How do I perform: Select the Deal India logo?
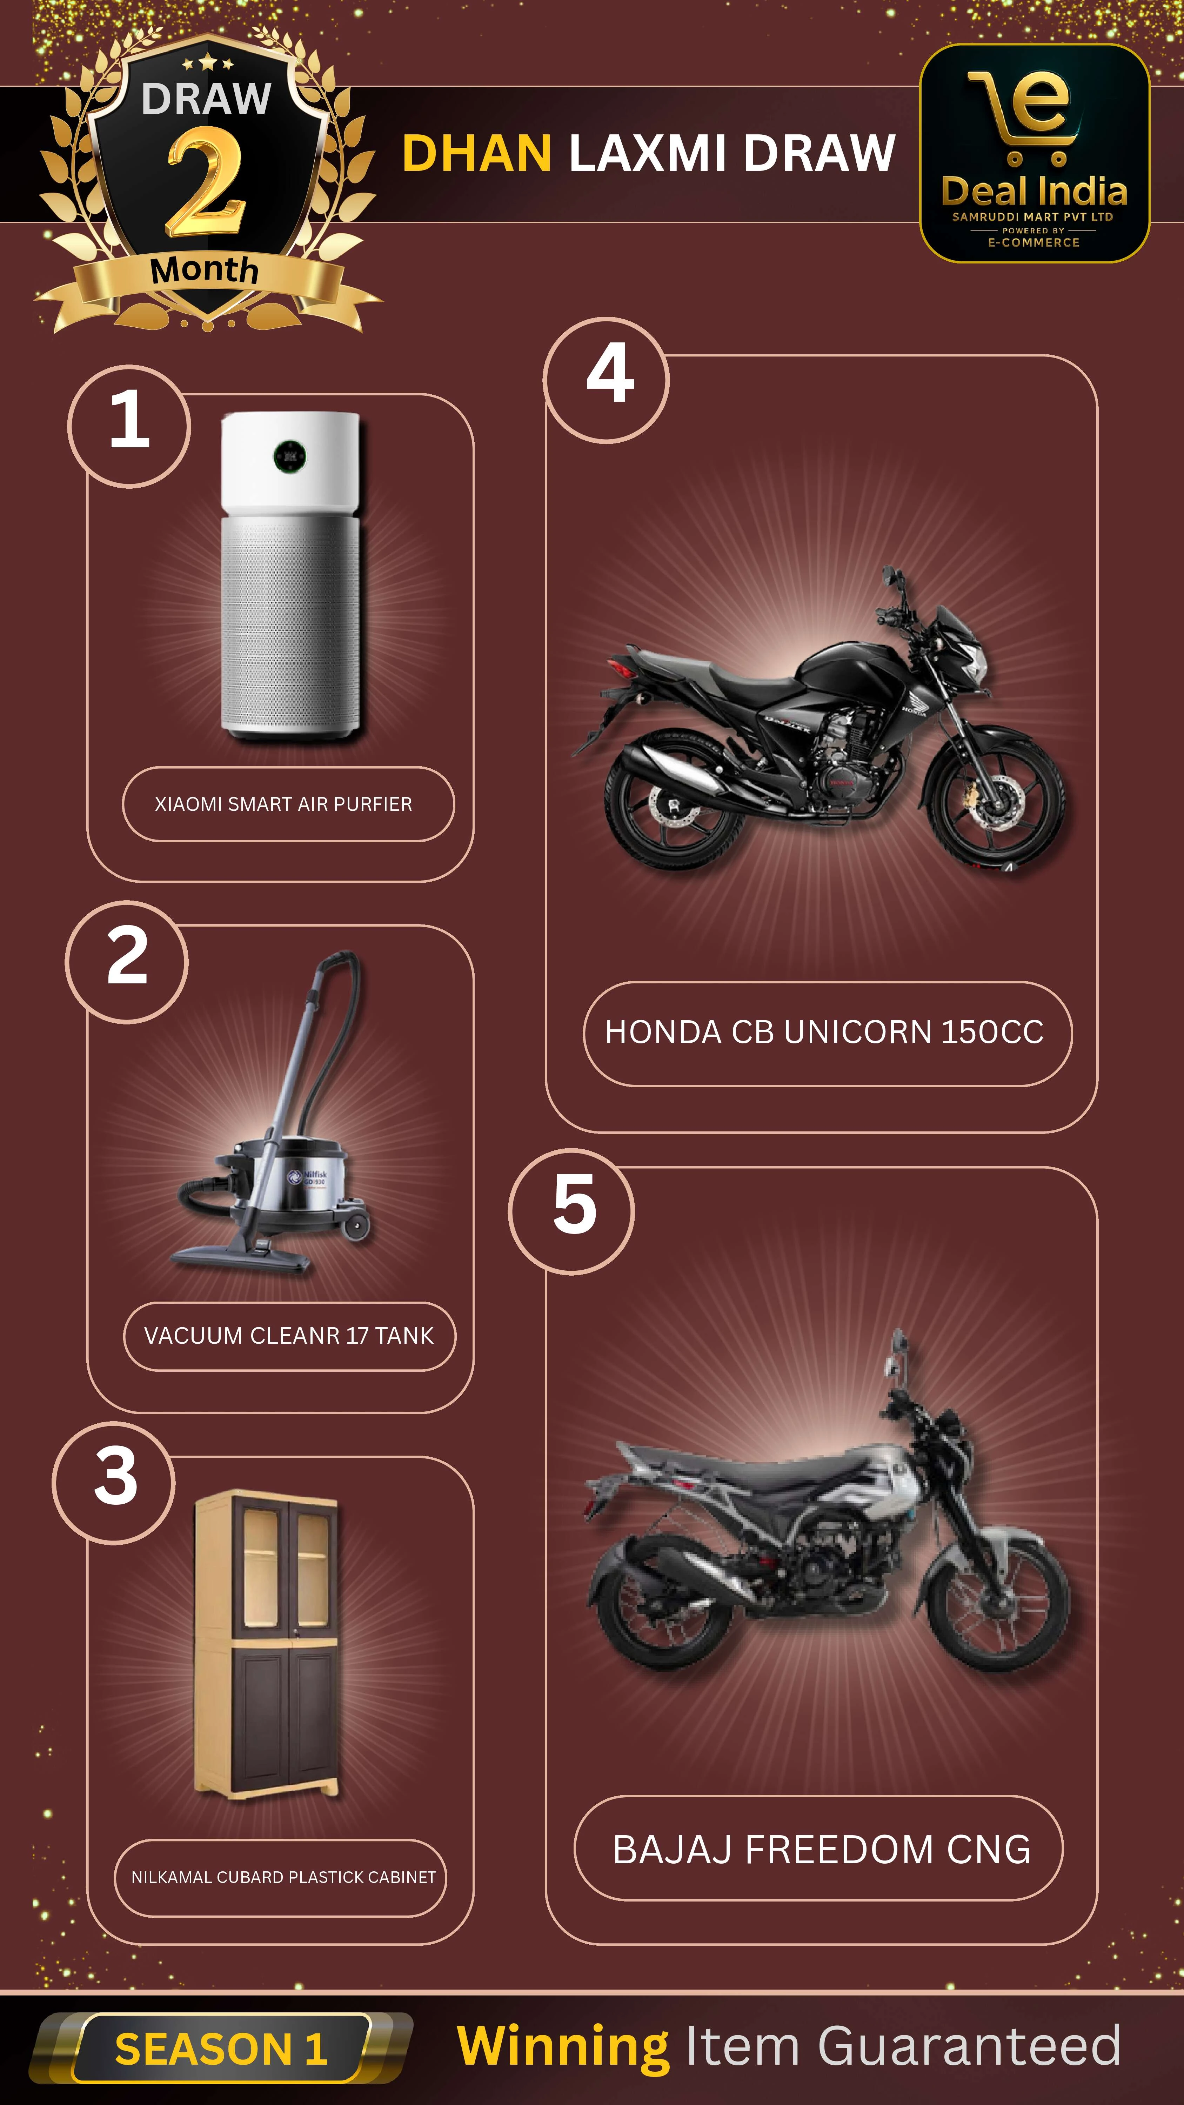pos(1035,154)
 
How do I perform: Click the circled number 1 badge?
pos(129,426)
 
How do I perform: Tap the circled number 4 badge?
pos(606,380)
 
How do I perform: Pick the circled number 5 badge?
pos(571,1211)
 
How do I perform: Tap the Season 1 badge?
pos(221,2049)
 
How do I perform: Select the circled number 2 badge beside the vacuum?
pos(127,962)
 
